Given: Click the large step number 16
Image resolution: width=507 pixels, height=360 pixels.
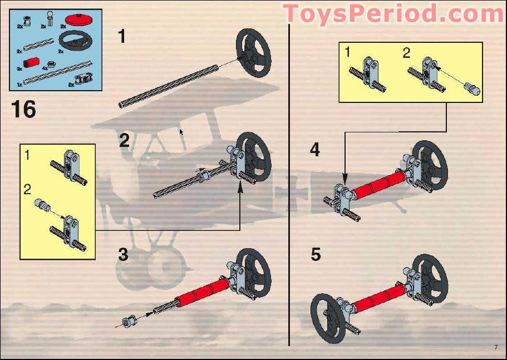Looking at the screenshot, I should coord(23,109).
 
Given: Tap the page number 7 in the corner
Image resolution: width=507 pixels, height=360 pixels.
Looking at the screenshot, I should coord(495,348).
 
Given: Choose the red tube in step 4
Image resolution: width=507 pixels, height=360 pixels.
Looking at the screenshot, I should coord(378,183).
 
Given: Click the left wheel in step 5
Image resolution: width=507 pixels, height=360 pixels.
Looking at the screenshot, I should coord(329,315).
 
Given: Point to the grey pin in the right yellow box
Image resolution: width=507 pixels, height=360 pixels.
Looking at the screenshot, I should coord(474,88).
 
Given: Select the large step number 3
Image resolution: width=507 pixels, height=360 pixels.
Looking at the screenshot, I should coord(123,255).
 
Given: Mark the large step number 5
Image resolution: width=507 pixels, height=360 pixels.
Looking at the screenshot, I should coord(316,255).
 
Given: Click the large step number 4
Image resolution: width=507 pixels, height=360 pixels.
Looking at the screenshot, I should coord(315,150).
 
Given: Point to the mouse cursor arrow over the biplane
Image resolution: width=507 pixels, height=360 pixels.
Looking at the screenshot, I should coord(181,132).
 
